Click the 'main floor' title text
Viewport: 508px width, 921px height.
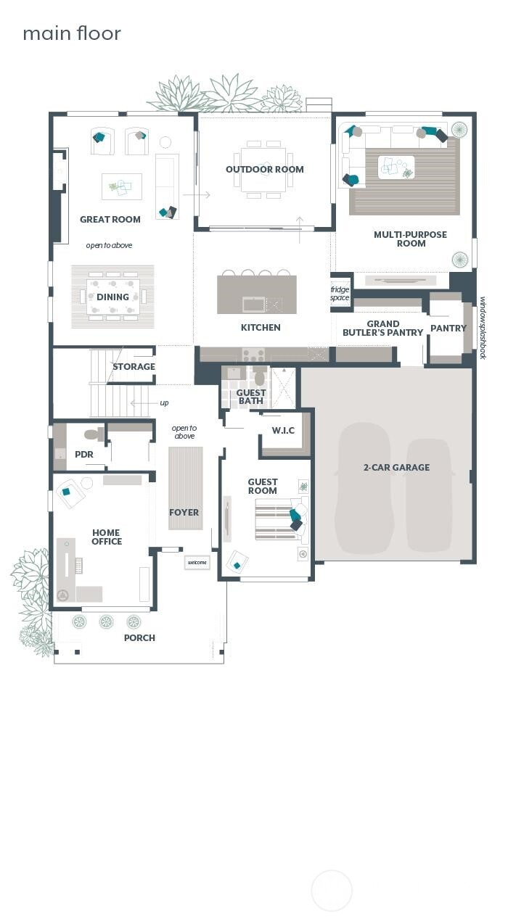72,33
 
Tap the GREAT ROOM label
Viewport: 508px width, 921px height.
110,219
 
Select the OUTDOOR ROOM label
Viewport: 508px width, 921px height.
265,170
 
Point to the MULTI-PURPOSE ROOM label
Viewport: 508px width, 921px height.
410,239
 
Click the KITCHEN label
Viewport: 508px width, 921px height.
261,328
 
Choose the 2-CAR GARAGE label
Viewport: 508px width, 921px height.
396,468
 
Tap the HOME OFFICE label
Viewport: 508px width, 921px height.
107,537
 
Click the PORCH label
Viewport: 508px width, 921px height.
139,638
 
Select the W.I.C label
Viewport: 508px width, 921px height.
283,431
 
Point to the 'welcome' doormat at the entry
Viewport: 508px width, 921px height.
197,562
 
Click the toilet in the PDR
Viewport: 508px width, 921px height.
94,435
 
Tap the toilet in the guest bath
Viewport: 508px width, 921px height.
260,377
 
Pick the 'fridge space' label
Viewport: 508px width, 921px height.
340,294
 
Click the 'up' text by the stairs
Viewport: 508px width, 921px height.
164,403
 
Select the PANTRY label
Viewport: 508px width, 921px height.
448,329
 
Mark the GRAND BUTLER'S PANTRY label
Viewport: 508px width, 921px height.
382,329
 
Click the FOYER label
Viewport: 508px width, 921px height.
184,513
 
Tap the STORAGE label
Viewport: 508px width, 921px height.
134,367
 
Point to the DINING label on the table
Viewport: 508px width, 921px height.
112,297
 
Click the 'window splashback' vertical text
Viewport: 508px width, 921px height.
483,327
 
